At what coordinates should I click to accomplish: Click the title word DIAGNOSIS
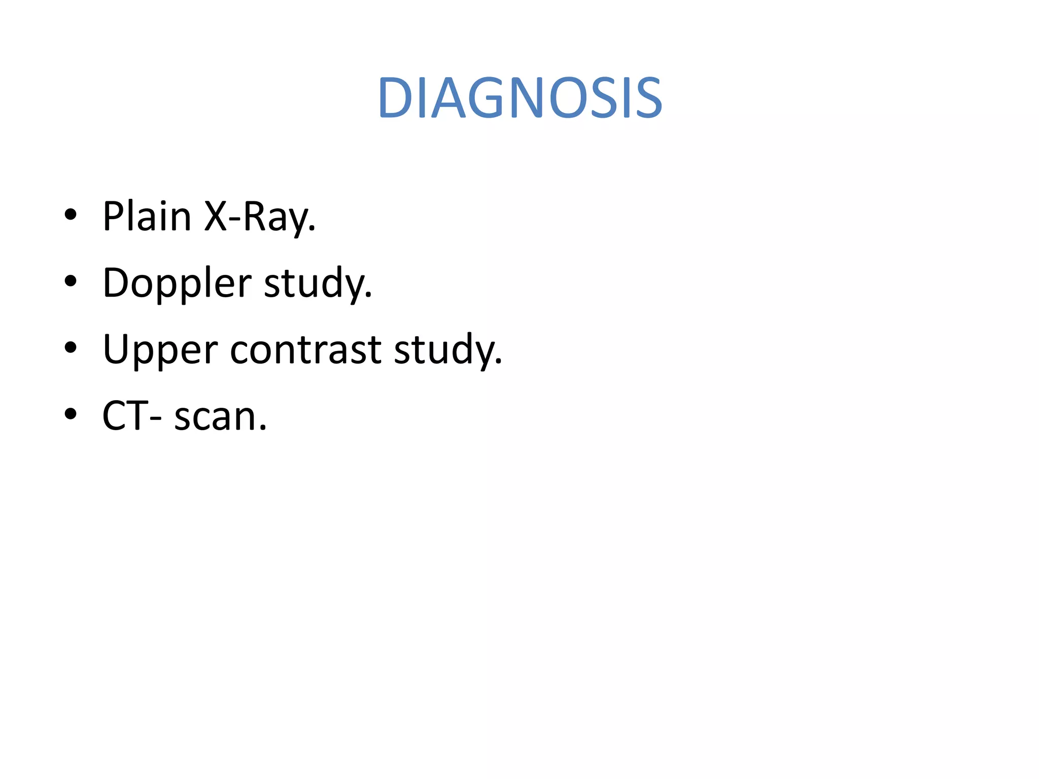[519, 98]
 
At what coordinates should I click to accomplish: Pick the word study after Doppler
[318, 284]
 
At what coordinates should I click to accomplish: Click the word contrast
[305, 350]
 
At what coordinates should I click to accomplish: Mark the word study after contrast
[446, 350]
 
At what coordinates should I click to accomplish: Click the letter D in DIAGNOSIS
[397, 98]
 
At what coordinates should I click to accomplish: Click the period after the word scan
[262, 429]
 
